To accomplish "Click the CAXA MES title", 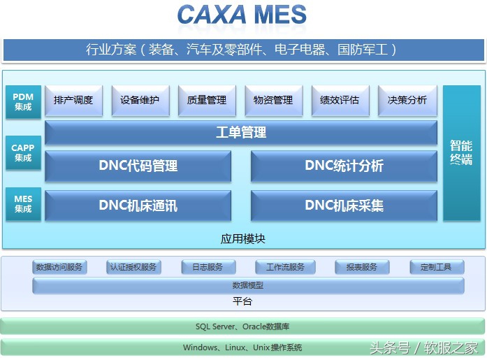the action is [x=242, y=15].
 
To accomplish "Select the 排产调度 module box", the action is [x=73, y=101].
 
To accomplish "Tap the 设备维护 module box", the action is [x=140, y=101].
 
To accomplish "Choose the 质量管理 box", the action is [x=207, y=101].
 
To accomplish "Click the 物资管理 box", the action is [x=273, y=101].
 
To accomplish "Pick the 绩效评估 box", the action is [x=340, y=101].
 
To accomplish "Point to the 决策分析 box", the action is [x=407, y=101].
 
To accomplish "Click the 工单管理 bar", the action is [x=241, y=133].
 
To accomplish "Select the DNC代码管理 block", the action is [x=138, y=166].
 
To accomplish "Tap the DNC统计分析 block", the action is [x=344, y=166].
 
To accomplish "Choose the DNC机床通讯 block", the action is [x=138, y=206].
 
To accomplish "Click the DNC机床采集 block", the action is [x=344, y=206].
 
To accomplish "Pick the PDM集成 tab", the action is [x=23, y=102].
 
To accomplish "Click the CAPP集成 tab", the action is [x=23, y=153].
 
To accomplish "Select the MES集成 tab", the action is [x=23, y=204].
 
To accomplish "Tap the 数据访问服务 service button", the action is [x=59, y=267].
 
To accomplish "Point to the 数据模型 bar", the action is [x=248, y=285].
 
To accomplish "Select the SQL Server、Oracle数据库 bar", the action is [x=242, y=326].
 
